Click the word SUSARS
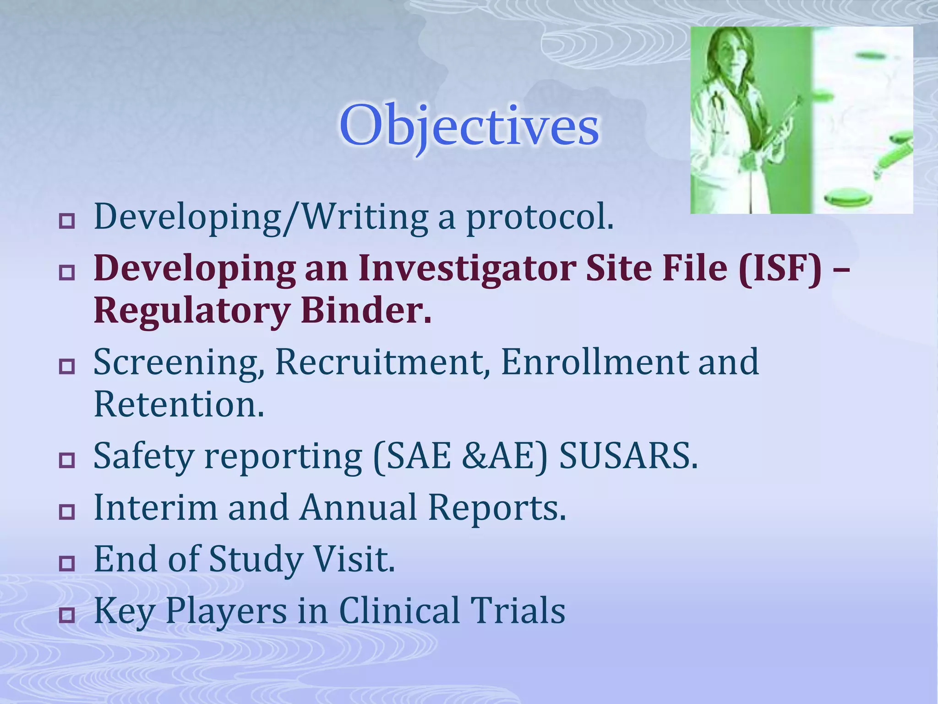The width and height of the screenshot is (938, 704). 628,457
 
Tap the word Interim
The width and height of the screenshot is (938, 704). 155,508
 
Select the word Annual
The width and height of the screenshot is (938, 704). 358,508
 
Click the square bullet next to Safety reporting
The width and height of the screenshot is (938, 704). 67,460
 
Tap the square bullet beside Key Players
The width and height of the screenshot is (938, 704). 67,615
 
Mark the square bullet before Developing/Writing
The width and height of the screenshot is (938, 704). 67,222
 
